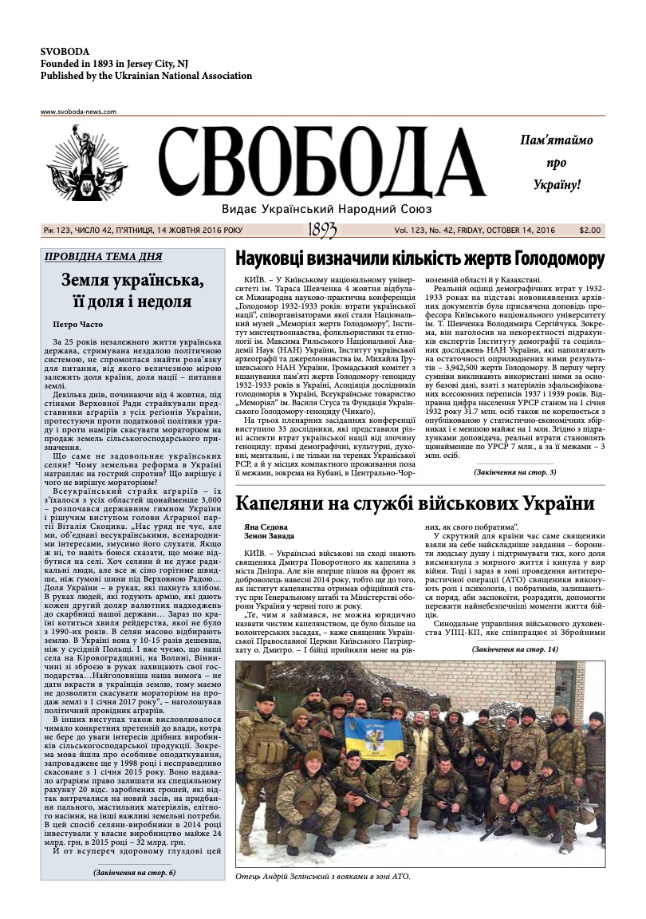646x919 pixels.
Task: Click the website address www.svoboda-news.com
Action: click(x=78, y=112)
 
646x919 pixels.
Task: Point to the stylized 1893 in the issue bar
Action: click(x=321, y=231)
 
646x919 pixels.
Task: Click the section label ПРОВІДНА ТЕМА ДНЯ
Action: click(x=104, y=257)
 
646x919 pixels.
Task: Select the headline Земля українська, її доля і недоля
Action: click(x=132, y=290)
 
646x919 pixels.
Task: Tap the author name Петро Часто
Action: click(x=81, y=325)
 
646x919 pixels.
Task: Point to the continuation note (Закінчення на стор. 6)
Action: click(x=133, y=873)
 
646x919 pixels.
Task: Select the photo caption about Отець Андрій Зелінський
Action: click(x=323, y=877)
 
